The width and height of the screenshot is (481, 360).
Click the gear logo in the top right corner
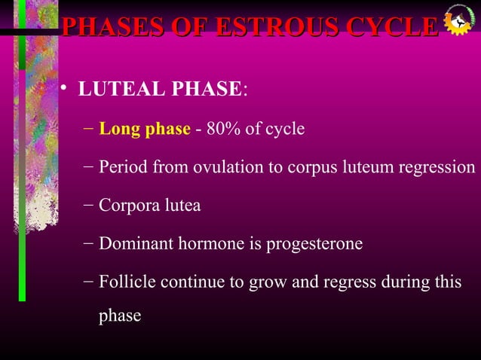point(458,21)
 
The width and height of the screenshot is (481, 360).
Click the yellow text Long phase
point(145,129)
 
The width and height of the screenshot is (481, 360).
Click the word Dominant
point(131,244)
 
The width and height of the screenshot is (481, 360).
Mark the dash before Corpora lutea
point(89,205)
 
